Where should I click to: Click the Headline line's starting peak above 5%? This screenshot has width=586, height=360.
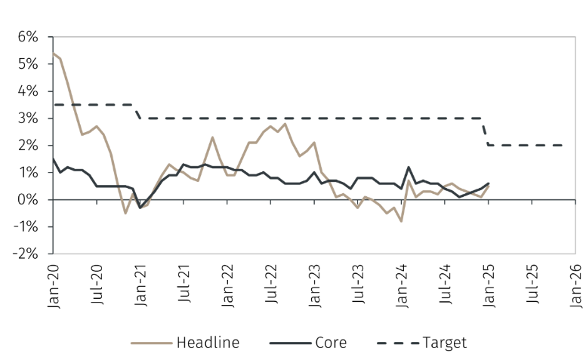[x=53, y=53]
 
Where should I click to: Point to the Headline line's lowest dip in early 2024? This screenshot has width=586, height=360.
[x=401, y=221]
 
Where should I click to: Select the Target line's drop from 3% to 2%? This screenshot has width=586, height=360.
[x=486, y=132]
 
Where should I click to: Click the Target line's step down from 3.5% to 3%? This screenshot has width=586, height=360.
[x=137, y=112]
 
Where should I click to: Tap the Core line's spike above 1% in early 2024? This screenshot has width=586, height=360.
[x=409, y=168]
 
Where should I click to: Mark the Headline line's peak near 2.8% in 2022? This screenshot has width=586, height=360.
[x=285, y=124]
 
